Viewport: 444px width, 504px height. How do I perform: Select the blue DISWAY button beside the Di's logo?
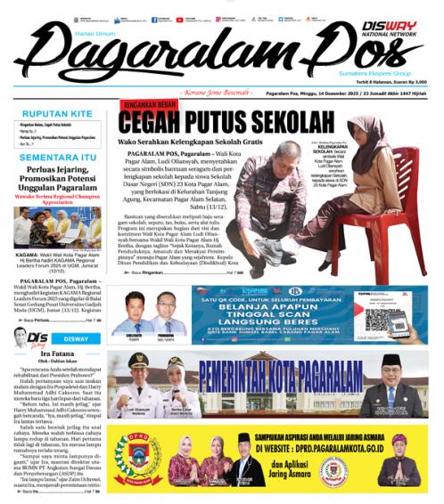[x=76, y=338]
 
